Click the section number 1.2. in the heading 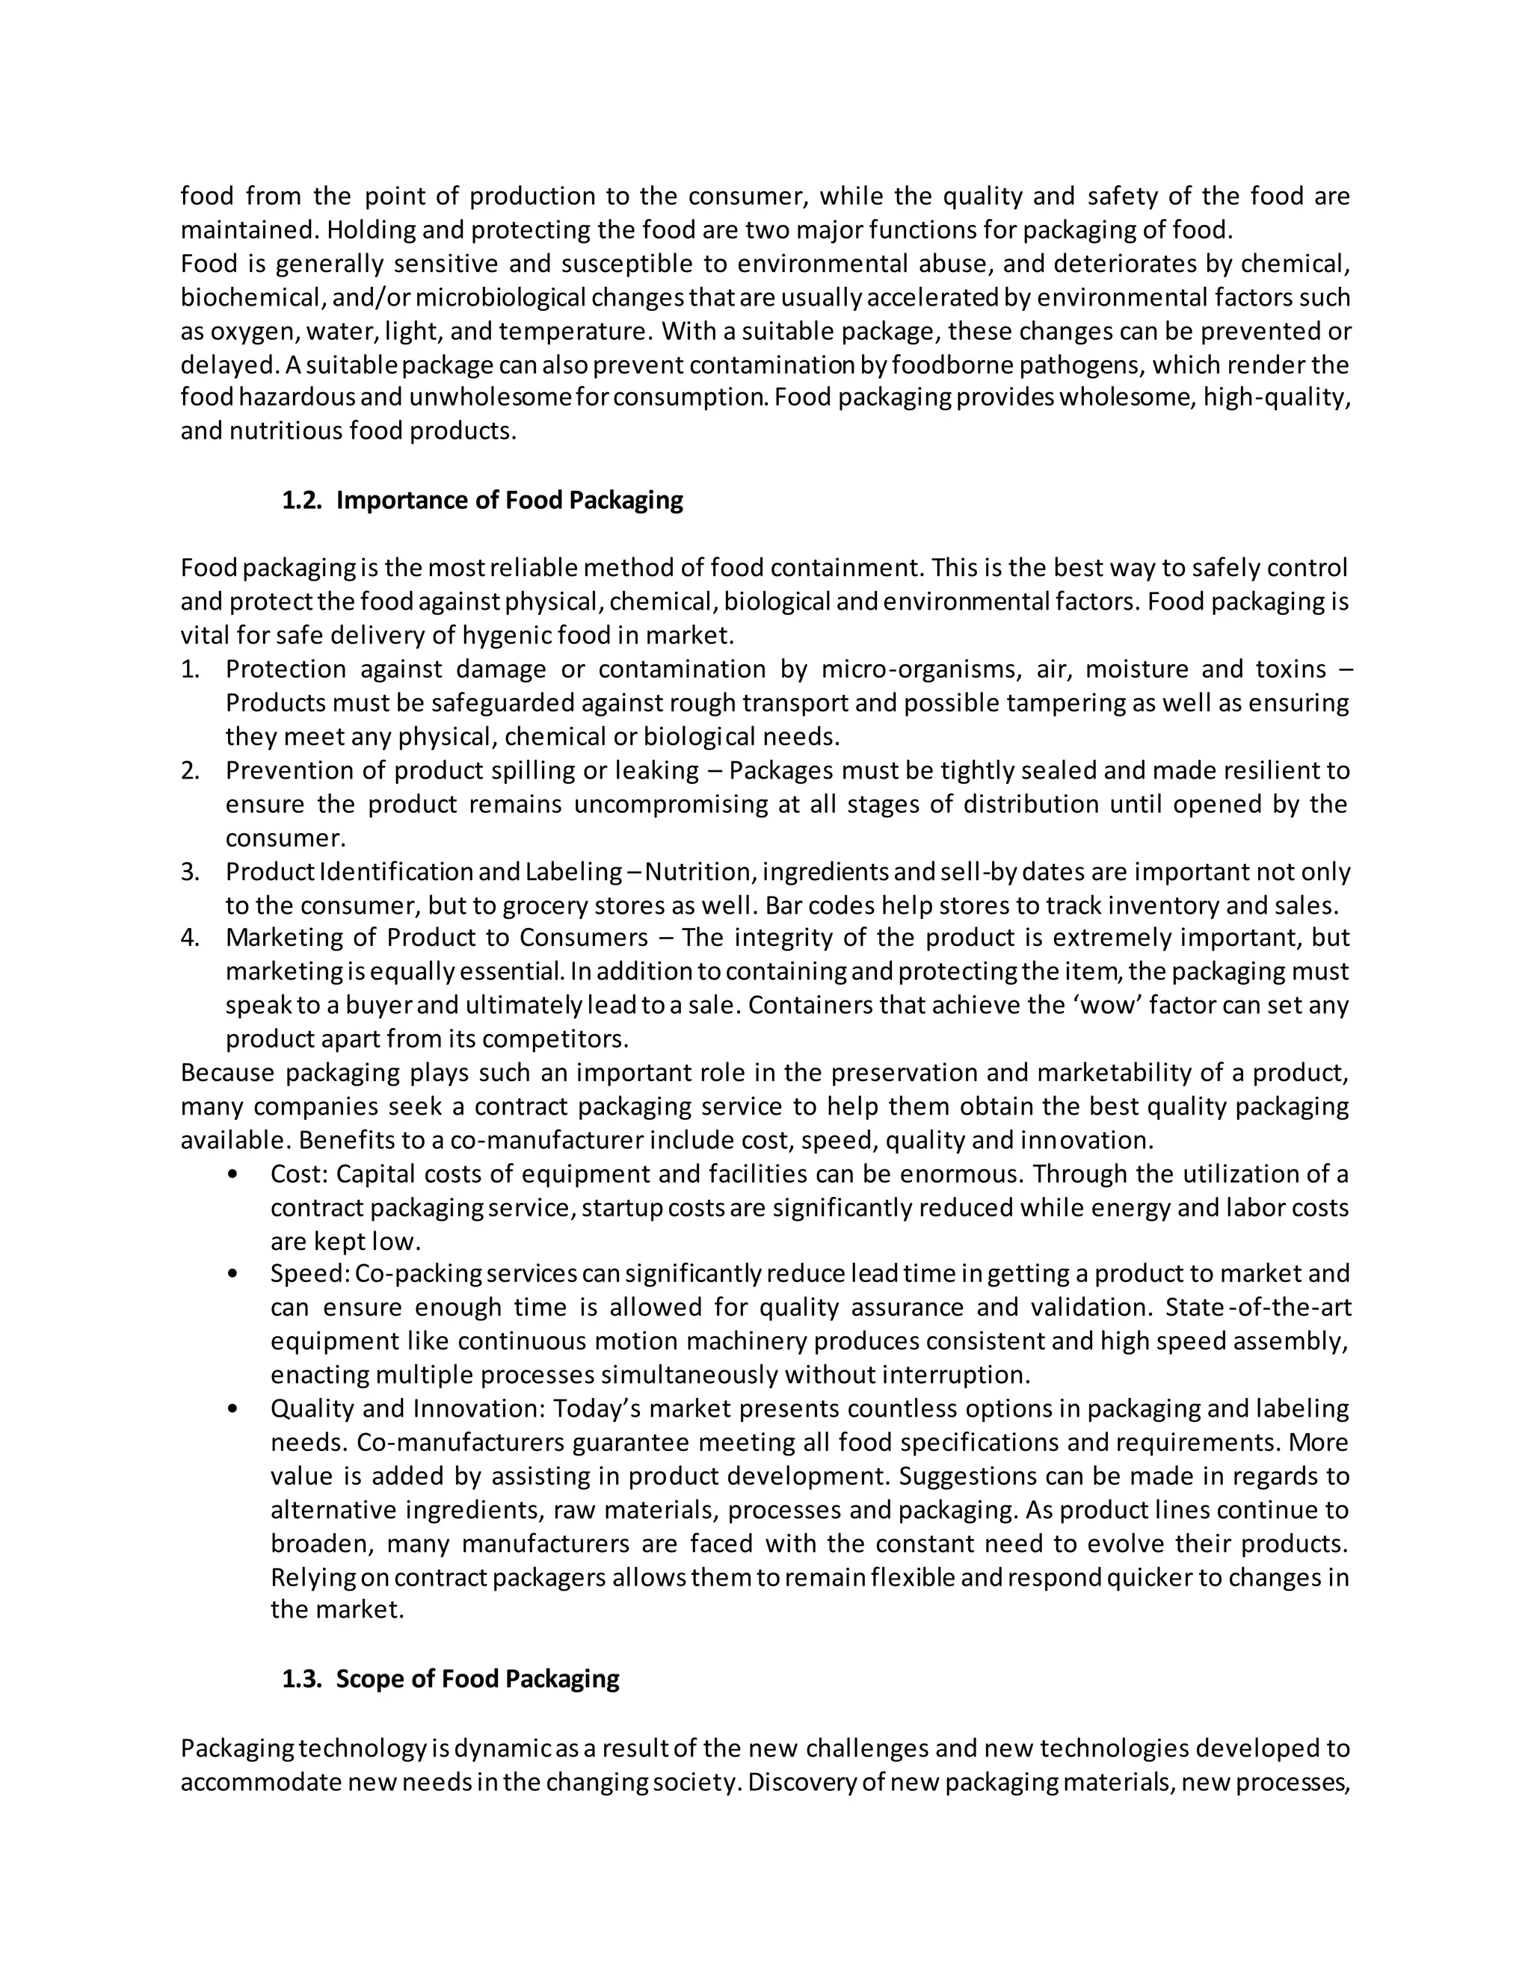coord(302,501)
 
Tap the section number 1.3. coord(302,1679)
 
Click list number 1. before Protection coord(190,669)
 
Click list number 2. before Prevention coord(190,770)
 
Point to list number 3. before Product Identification coord(190,872)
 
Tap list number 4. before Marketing coord(190,938)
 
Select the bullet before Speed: coord(234,1274)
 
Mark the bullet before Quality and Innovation coord(234,1409)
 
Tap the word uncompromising coord(669,804)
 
